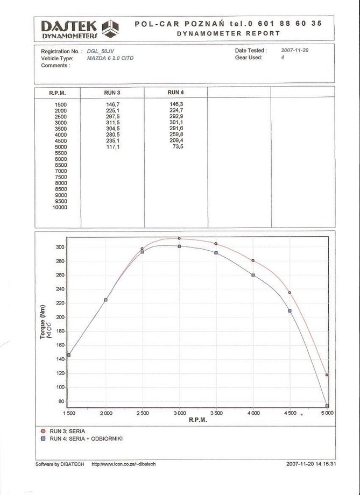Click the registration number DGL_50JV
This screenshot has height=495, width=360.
(102, 51)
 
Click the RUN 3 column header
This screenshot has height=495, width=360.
(112, 93)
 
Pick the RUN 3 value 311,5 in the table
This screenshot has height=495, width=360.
(112, 123)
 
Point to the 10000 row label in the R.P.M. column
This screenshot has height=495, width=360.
(60, 207)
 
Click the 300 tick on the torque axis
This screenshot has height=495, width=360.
(60, 247)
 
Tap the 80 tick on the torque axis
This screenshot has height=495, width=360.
(61, 401)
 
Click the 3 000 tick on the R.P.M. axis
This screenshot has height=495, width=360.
(179, 413)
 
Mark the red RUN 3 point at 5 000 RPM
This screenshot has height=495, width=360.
(327, 375)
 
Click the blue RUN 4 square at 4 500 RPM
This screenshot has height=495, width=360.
(290, 311)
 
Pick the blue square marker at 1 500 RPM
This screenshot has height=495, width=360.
(68, 355)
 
